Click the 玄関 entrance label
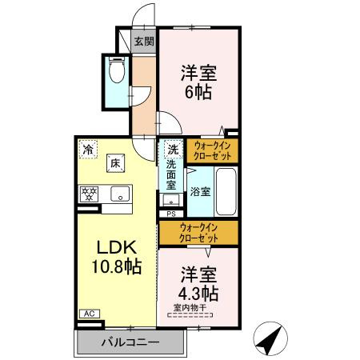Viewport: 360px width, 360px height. click(x=144, y=42)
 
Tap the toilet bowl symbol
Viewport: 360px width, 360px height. click(x=116, y=72)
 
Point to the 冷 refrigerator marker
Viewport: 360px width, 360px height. click(x=86, y=149)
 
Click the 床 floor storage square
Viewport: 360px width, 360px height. click(x=116, y=163)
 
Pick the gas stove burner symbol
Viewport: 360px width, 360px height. click(x=88, y=194)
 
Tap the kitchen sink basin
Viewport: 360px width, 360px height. click(x=118, y=194)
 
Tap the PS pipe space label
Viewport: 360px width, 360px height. click(x=171, y=214)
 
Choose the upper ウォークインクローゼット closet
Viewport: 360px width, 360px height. click(x=212, y=150)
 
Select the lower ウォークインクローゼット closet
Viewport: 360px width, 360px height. click(x=198, y=234)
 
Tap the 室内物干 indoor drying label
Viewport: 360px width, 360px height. click(x=190, y=307)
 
